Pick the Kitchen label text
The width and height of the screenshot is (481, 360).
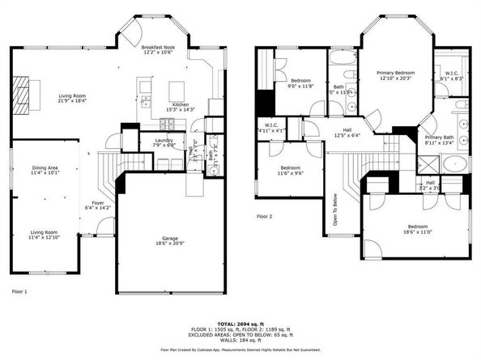tap(180, 104)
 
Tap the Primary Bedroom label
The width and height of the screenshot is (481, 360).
tap(396, 73)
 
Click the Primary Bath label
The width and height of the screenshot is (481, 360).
tap(440, 138)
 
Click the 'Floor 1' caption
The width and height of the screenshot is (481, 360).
tap(19, 290)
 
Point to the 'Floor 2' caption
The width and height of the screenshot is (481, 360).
tap(265, 217)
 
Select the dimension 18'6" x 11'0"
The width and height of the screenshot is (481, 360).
tap(416, 232)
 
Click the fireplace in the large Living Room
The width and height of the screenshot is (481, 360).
tap(28, 95)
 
